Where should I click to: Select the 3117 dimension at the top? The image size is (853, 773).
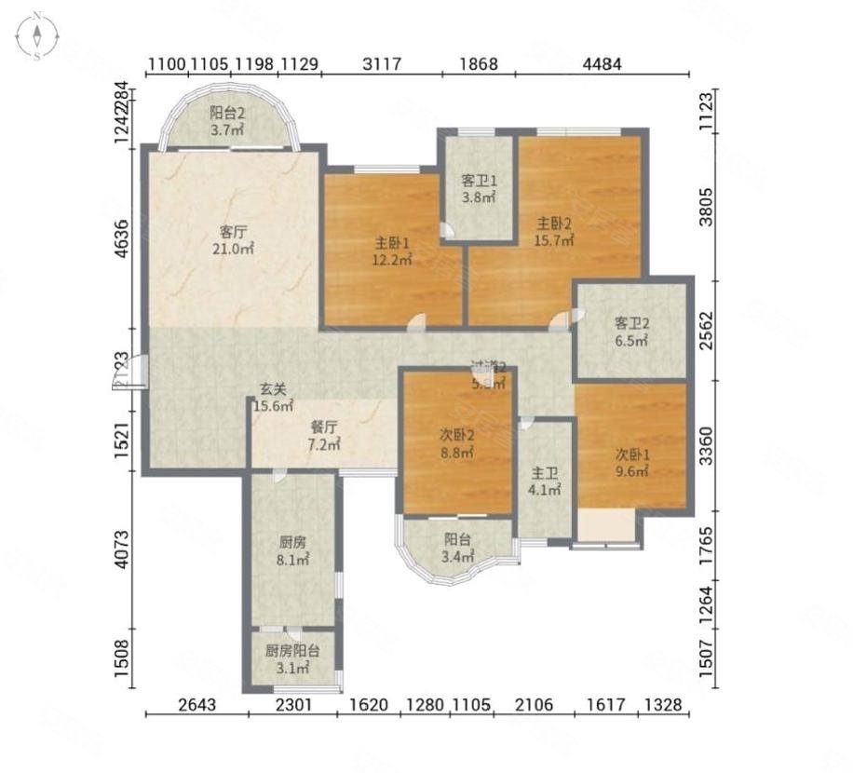(x=381, y=64)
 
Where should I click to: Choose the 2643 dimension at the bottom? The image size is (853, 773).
(x=196, y=706)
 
